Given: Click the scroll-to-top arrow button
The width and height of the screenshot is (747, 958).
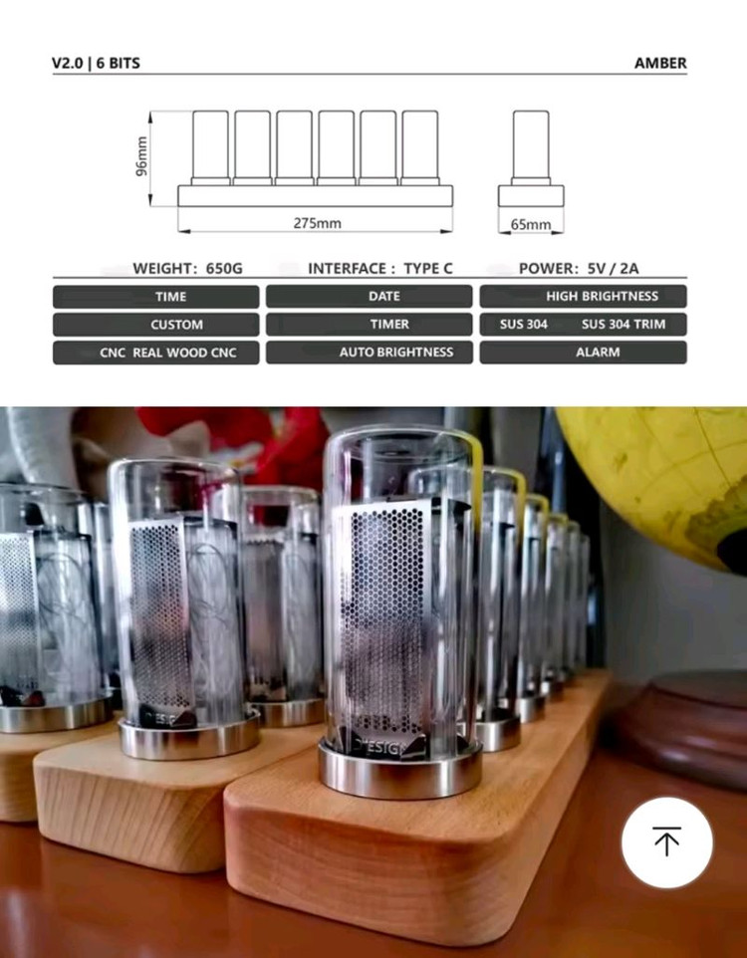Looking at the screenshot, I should (666, 842).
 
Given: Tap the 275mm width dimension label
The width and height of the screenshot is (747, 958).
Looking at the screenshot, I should (317, 223).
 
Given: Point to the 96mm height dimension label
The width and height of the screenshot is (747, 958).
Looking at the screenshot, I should (141, 157).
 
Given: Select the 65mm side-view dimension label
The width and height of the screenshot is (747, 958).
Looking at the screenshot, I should (531, 225).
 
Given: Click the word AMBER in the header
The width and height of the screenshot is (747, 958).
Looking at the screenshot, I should (660, 63).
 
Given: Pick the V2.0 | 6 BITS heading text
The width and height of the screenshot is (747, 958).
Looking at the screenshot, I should (96, 63).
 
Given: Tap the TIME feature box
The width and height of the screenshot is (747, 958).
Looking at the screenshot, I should (155, 296).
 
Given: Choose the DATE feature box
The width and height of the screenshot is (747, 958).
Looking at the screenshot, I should (370, 296).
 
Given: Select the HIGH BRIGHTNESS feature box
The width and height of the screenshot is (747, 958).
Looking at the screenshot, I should (584, 296).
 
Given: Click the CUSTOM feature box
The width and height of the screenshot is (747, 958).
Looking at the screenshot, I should (155, 324).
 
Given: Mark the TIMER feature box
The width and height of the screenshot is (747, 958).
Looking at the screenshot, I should (370, 324).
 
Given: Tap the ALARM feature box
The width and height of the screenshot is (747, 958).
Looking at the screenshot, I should (584, 352).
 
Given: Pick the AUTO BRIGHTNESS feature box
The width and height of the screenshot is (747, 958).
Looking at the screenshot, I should (370, 352).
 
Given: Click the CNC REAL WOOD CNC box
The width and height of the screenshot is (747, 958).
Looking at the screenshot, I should (155, 352).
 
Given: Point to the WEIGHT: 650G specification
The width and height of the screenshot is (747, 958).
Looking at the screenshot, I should (187, 269).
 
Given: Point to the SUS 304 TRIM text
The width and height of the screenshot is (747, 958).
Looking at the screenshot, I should (623, 324).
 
